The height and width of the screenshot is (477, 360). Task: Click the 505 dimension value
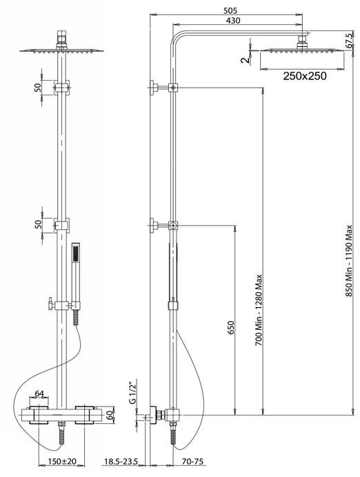(x=230, y=10)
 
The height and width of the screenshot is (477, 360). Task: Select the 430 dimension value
(x=233, y=21)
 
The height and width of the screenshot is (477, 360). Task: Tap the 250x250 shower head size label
(x=305, y=76)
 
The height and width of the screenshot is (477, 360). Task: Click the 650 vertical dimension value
(x=231, y=328)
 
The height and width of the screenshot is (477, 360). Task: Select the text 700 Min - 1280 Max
(x=259, y=310)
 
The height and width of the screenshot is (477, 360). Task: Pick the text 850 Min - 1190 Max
(x=349, y=261)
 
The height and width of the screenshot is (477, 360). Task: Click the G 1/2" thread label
(x=132, y=392)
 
